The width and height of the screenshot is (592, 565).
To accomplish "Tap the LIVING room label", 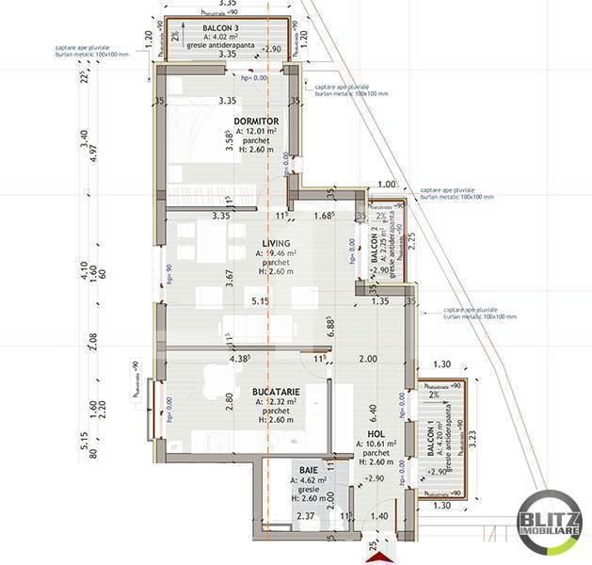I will tap(276, 243).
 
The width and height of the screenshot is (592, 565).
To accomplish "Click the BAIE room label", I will tap(309, 468).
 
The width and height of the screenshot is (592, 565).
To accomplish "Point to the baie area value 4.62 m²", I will tap(311, 479).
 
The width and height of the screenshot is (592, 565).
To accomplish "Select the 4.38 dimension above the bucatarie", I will tap(241, 358).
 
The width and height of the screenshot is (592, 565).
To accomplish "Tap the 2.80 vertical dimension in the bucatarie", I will tap(229, 396).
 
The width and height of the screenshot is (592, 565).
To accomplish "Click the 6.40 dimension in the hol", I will tap(374, 412).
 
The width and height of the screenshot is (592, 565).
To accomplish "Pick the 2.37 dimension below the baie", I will tap(278, 517).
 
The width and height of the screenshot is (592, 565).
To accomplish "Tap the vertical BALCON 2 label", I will tap(374, 247).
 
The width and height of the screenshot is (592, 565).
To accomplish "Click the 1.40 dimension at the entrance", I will tap(379, 517).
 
